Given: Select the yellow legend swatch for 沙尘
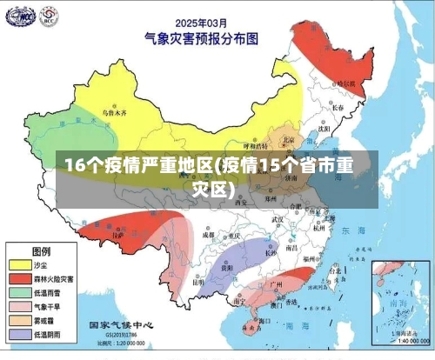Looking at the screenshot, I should [19, 264].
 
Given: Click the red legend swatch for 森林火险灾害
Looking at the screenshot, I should [19, 278].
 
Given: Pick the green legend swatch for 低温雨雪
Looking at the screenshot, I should [19, 292].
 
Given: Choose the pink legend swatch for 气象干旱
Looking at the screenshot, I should [19, 306].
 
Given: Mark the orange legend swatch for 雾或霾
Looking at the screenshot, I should [19, 320].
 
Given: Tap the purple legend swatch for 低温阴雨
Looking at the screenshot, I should [19, 334].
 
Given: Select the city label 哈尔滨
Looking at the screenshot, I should [345, 83].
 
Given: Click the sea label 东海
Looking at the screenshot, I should [353, 231].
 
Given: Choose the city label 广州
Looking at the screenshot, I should [278, 283].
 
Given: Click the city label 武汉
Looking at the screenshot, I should [278, 220].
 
